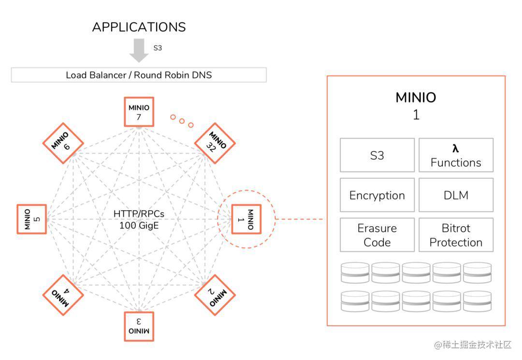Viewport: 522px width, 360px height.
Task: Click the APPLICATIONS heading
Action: [139, 27]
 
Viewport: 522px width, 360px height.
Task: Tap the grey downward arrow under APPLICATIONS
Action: [139, 50]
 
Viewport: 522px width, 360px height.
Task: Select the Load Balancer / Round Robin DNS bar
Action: [139, 75]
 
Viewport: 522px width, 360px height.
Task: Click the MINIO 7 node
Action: [139, 112]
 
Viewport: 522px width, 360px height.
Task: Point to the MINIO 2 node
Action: [215, 295]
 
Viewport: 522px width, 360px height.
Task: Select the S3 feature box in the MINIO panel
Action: [377, 155]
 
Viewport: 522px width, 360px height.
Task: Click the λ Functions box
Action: [456, 155]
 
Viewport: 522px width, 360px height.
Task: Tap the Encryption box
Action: [377, 195]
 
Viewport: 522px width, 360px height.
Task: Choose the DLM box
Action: [456, 195]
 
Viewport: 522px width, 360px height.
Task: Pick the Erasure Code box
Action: [377, 235]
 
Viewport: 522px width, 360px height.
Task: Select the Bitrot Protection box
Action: [456, 235]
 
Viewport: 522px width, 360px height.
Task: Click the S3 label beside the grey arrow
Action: [158, 48]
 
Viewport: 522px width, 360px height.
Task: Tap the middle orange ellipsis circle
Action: [182, 121]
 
